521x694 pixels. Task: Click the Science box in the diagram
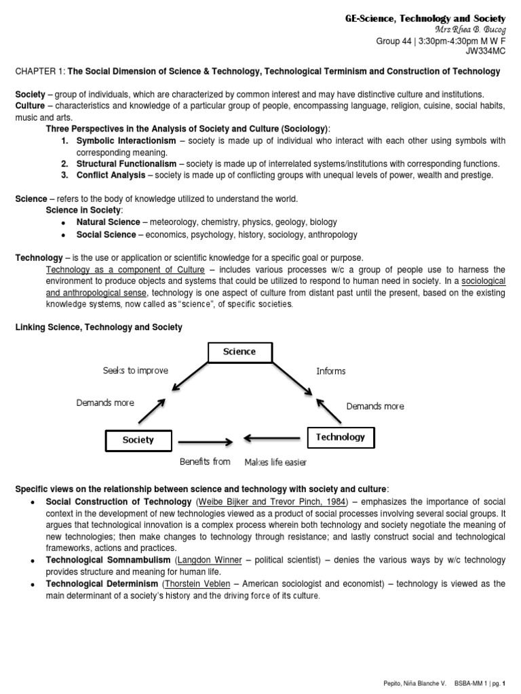[x=239, y=352]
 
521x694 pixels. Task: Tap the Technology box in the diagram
[x=340, y=437]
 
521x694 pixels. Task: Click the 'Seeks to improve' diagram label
[x=135, y=371]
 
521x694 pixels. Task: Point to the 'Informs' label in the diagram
[x=331, y=371]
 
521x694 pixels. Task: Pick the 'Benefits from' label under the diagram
[x=205, y=462]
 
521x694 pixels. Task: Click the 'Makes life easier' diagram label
[x=275, y=462]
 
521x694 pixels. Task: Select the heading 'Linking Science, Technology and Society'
[x=99, y=327]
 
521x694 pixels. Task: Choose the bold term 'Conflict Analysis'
[x=111, y=175]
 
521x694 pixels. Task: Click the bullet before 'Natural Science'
[x=64, y=223]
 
